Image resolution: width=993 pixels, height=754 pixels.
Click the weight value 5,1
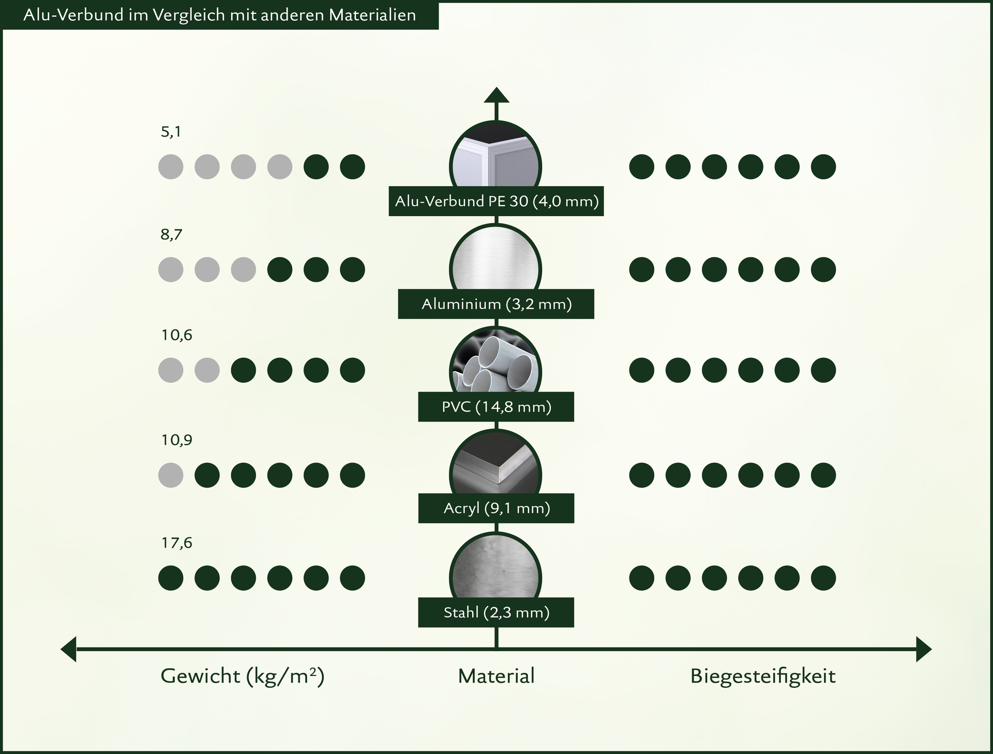(171, 132)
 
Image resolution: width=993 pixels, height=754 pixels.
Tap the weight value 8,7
(171, 235)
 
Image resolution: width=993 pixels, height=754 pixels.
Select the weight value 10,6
(176, 336)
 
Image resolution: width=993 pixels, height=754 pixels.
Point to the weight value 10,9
(176, 440)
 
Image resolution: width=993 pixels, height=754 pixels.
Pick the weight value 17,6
(176, 543)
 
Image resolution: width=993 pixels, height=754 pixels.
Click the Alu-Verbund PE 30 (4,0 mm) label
(496, 201)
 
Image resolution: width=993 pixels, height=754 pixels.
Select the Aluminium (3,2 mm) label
(496, 304)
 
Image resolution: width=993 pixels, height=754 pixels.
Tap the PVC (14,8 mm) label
(496, 406)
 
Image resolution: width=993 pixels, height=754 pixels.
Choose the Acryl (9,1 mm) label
(496, 508)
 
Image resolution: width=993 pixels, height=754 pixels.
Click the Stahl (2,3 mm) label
(496, 612)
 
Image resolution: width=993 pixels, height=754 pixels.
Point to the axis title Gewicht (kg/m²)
(243, 676)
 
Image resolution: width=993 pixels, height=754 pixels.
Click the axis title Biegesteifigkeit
(763, 676)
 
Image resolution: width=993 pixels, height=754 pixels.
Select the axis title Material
(496, 676)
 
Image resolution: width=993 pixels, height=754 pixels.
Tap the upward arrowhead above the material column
(496, 95)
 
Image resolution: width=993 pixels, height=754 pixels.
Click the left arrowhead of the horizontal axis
(68, 649)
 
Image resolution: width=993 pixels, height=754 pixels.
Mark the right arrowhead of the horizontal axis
(924, 649)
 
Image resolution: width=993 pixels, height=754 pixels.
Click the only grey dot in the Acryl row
(171, 475)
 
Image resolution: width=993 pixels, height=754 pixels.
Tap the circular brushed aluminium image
(495, 265)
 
